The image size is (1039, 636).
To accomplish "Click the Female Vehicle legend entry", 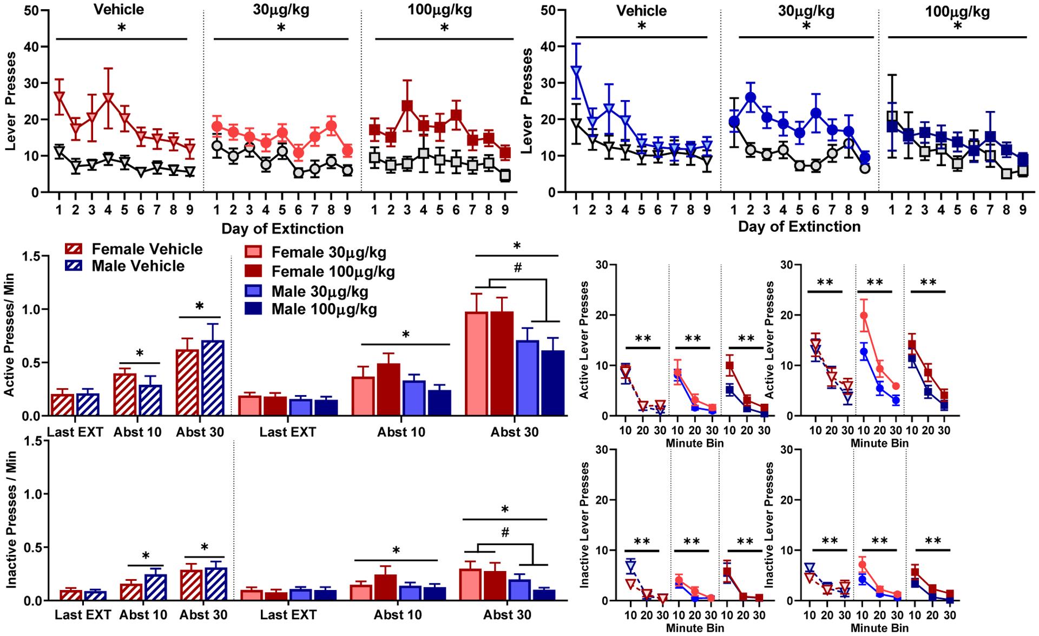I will point(147,249).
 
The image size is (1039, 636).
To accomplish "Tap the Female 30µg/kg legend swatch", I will point(254,252).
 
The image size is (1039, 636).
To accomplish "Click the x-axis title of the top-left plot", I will point(282,228).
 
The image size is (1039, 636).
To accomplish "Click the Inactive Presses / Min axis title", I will point(10,521).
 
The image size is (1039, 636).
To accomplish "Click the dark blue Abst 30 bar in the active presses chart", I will point(551,383).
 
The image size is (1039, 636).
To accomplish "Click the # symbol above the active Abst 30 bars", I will point(517,267).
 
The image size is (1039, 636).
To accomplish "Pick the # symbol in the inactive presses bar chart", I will point(505,533).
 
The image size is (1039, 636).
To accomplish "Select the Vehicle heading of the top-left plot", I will point(119,10).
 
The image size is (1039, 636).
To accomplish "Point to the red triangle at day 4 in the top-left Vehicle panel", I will point(108,99).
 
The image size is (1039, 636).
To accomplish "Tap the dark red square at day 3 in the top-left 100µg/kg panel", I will point(407,105).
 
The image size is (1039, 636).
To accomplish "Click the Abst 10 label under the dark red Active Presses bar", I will point(401,432).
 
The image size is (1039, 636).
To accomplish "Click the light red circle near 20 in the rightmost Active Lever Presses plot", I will point(864,316).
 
